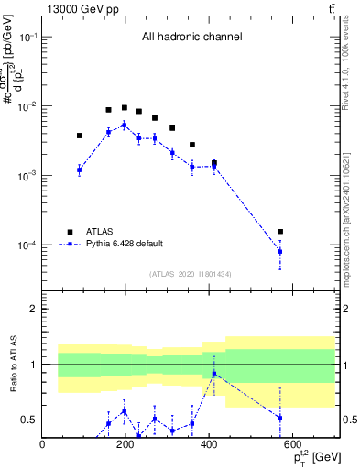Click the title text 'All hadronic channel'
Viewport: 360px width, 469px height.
191,38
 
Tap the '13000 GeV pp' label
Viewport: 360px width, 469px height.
78,8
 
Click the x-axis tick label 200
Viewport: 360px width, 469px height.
125,445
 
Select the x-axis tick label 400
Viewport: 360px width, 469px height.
209,445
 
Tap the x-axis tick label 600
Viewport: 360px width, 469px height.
292,445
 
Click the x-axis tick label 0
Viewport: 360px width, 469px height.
42,445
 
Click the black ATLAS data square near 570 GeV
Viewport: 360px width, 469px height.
280,232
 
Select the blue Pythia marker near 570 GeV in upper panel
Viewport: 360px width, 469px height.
280,251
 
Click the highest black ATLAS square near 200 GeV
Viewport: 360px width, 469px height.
125,107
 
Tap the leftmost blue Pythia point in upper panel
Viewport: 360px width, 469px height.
80,169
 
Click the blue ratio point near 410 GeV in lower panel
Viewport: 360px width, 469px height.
213,374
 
